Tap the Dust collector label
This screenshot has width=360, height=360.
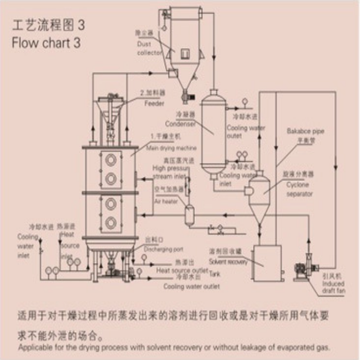click(150, 48)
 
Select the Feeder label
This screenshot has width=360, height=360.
click(154, 103)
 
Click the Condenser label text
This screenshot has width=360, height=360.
click(180, 123)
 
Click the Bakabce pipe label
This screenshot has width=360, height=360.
click(305, 131)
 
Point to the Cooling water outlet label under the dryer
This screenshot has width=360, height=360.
click(191, 287)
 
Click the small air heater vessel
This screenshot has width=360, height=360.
click(190, 215)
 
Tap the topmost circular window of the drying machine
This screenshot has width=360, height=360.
click(111, 160)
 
